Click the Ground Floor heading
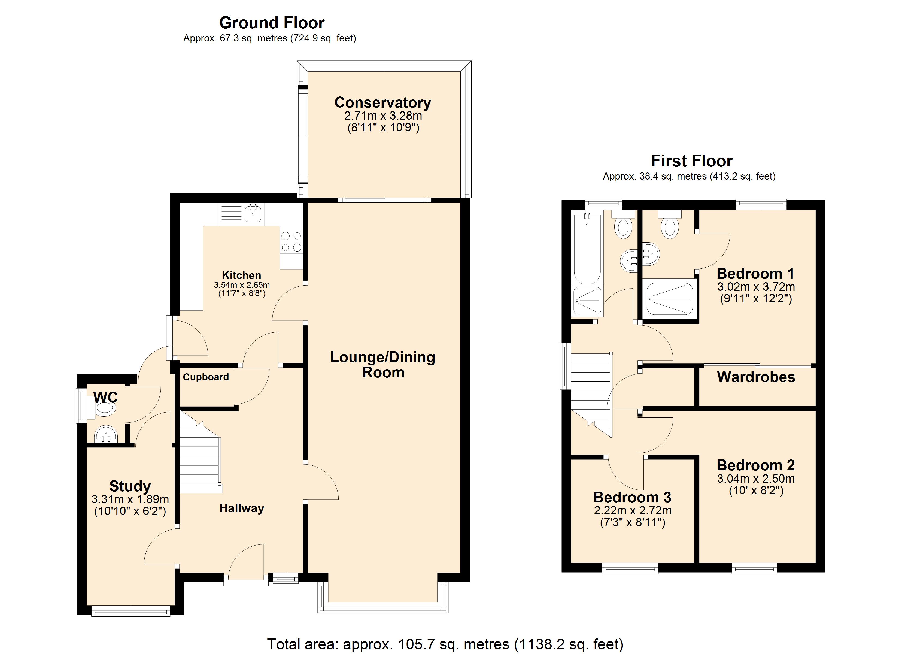[x=272, y=23]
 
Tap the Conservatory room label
[x=382, y=102]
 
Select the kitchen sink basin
[x=253, y=214]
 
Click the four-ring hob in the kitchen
[x=291, y=241]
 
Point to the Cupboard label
[x=206, y=377]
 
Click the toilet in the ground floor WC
[x=105, y=408]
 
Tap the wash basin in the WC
[x=106, y=434]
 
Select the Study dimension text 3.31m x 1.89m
[x=130, y=499]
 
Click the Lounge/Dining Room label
[x=382, y=365]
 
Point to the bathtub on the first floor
[x=587, y=248]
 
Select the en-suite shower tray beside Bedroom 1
[x=670, y=299]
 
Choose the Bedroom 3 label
[x=632, y=497]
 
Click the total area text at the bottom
[x=445, y=644]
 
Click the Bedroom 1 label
[x=755, y=274]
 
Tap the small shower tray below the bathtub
[x=587, y=300]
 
